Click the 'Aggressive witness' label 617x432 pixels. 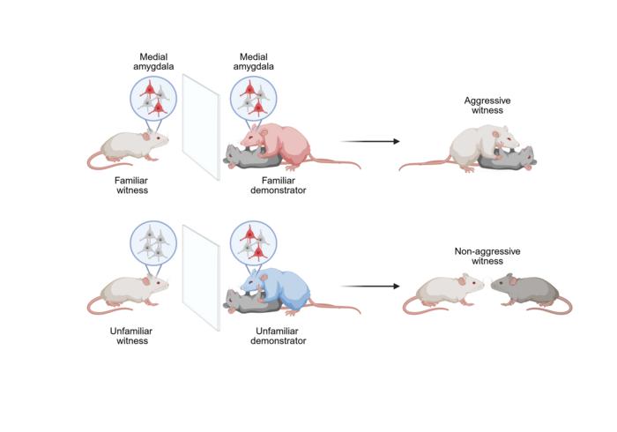pos(487,107)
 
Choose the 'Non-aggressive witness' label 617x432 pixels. pos(487,257)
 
